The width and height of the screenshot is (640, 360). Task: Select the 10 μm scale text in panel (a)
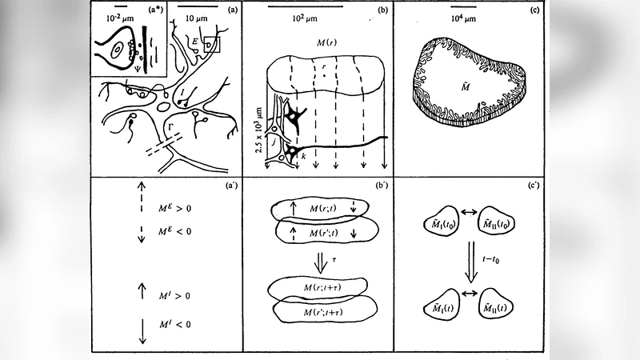coord(194,17)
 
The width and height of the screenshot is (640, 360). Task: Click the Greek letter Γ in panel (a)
coord(170,126)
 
